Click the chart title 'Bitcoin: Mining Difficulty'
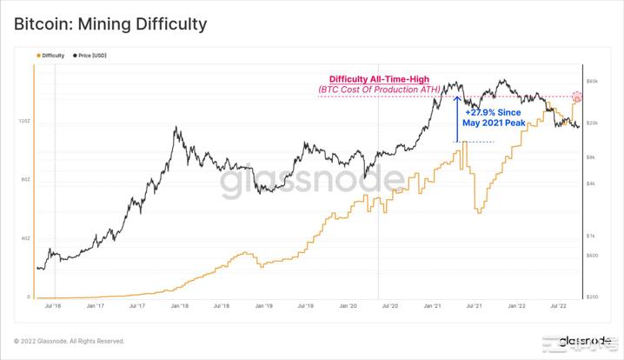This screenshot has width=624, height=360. point(110,23)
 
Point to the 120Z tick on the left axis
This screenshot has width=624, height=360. point(24,121)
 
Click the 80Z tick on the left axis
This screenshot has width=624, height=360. point(25,179)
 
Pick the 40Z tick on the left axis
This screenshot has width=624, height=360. point(25,237)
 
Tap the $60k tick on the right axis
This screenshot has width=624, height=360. point(593,81)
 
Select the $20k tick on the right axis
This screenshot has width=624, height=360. point(593,123)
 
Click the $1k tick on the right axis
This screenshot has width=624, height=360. point(592,236)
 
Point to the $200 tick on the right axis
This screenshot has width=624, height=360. point(592,297)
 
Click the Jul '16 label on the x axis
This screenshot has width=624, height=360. point(51,306)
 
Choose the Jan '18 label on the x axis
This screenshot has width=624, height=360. point(180,306)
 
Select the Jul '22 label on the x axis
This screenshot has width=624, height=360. point(558,306)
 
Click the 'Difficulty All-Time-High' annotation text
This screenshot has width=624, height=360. point(378,79)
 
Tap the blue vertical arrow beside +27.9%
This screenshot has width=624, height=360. point(458,119)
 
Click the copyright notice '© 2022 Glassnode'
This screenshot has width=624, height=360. point(70,340)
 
